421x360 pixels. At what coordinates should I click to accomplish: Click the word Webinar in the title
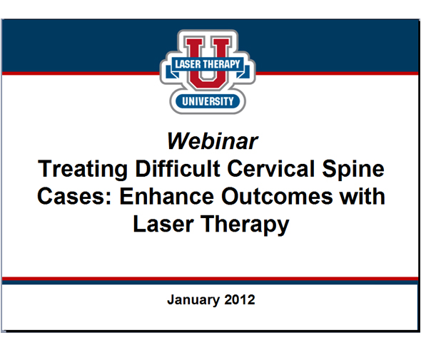(x=211, y=140)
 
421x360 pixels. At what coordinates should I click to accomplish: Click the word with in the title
(x=361, y=196)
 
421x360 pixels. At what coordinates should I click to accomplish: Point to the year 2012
(x=238, y=300)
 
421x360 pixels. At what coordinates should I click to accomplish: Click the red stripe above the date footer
(x=210, y=279)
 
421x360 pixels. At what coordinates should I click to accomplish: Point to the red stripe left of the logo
(x=78, y=73)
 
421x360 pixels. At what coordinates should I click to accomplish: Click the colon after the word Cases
(x=104, y=200)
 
